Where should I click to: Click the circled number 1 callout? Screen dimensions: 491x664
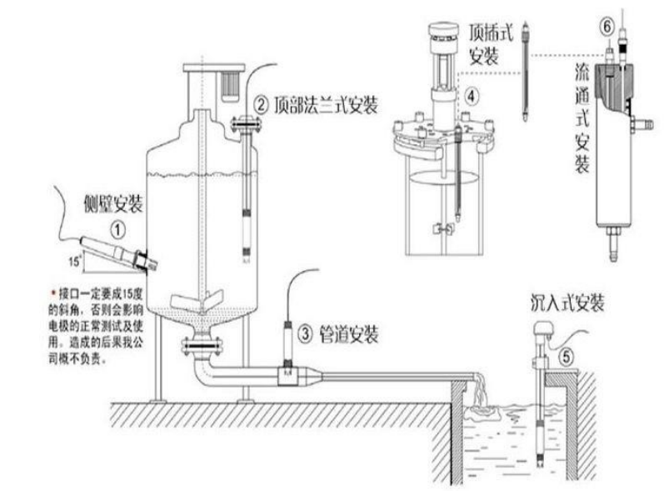119,226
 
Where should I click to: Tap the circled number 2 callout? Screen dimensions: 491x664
261,105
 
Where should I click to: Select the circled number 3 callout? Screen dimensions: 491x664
306,335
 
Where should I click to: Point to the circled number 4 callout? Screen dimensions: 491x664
471,96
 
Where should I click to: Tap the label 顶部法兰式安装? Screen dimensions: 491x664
325,105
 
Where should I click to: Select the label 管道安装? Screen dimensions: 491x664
349,335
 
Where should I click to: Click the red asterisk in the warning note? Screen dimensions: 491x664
53,293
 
